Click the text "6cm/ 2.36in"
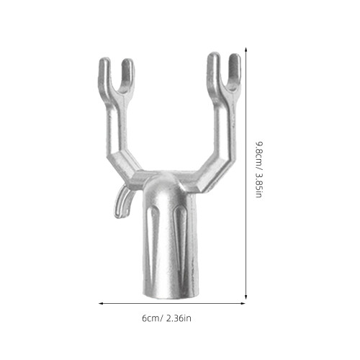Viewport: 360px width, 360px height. coord(166,318)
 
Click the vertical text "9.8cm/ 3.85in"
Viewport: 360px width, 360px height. coord(259,169)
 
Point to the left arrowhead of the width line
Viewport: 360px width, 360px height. coord(100,304)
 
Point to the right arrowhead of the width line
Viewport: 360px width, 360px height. coord(243,304)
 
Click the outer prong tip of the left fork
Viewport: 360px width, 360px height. coord(104,59)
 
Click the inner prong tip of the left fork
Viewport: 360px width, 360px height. coord(127,60)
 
